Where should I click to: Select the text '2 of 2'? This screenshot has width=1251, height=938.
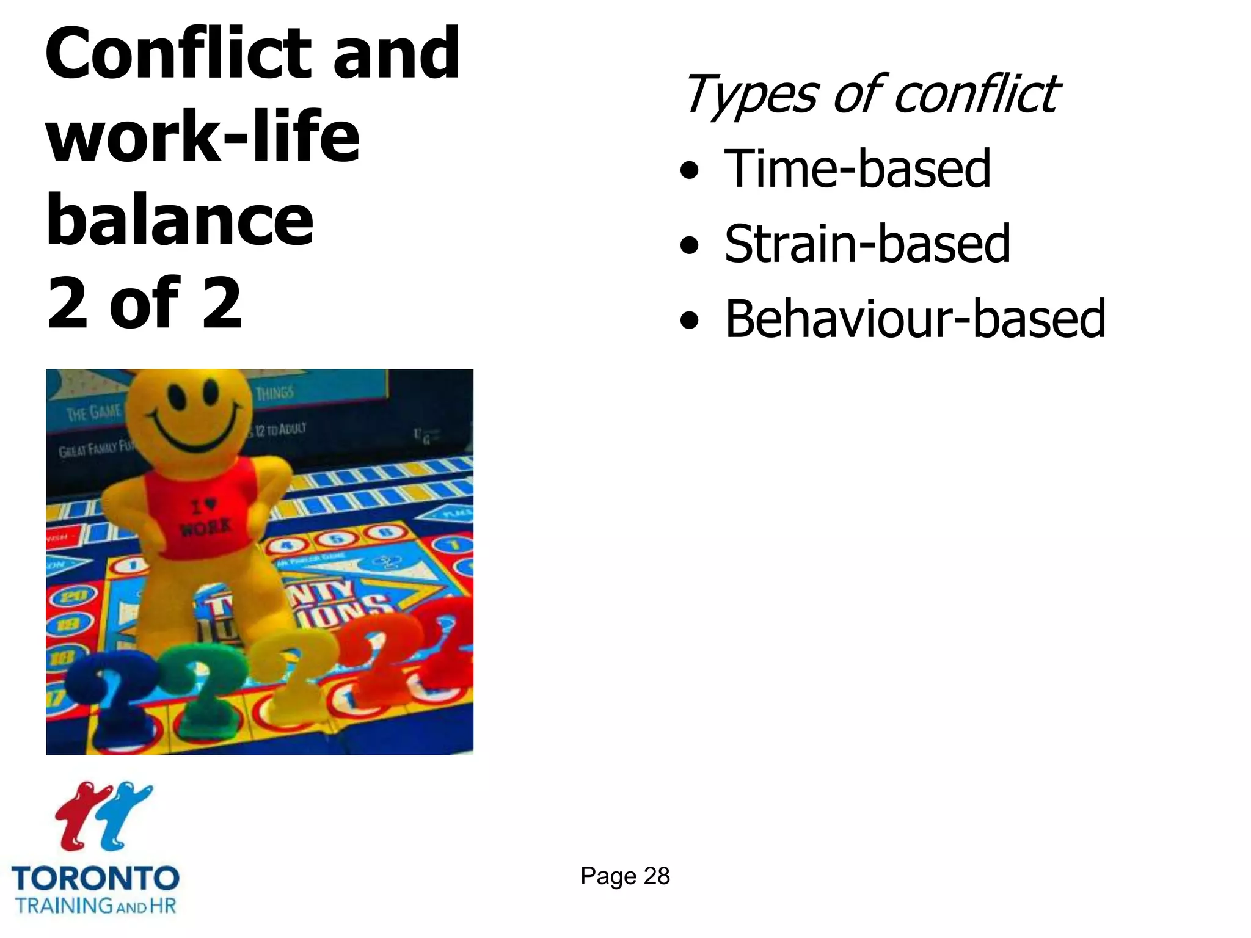click(x=145, y=303)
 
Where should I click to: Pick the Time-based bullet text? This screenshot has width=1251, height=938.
click(x=857, y=169)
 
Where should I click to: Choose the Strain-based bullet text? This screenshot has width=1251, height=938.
click(x=867, y=244)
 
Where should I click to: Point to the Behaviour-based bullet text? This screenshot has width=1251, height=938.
click(x=915, y=319)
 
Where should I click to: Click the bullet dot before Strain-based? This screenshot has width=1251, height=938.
click(x=690, y=245)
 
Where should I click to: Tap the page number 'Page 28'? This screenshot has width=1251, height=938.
click(x=625, y=876)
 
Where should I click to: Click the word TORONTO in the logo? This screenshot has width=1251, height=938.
click(x=95, y=879)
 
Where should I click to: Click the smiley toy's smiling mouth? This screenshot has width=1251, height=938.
click(x=190, y=427)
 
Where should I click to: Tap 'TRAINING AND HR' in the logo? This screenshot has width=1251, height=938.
click(x=96, y=906)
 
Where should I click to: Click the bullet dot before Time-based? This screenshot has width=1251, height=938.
click(x=690, y=170)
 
